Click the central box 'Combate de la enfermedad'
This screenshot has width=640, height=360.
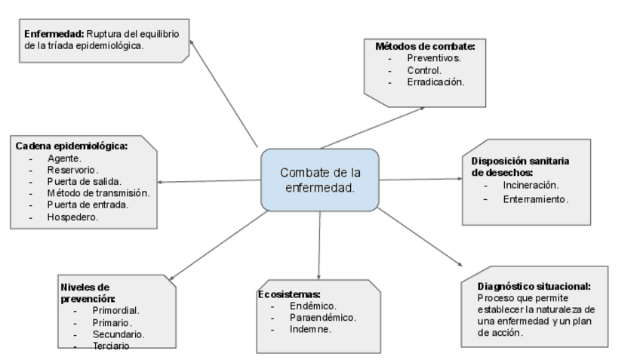point(319,180)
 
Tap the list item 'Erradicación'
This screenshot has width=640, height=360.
point(435,82)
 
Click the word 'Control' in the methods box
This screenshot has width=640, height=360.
point(424,69)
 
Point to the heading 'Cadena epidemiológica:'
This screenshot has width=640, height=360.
point(72,146)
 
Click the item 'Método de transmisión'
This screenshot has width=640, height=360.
point(98,193)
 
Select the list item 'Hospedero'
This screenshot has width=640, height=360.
point(73,217)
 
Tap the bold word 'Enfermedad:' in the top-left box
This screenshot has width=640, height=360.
point(54,34)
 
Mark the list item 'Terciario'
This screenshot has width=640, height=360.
point(111,346)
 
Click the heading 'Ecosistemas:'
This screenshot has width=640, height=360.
point(290,294)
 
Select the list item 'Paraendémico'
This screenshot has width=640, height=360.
point(322,318)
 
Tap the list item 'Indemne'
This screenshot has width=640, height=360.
point(310,330)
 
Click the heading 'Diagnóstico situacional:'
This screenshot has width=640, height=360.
point(534,287)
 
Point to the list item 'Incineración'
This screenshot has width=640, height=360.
point(531,185)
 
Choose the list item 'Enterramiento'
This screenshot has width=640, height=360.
point(536,200)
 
